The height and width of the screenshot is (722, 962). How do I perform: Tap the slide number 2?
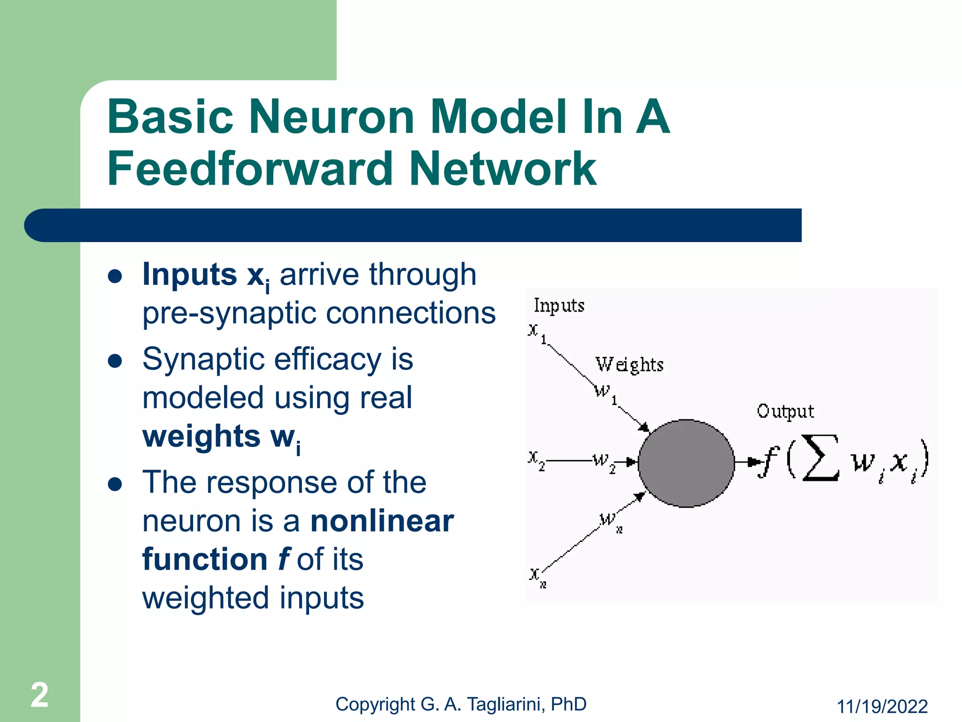[39, 695]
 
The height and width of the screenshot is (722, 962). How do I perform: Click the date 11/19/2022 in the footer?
[882, 706]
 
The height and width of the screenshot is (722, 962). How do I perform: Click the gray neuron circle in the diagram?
[686, 463]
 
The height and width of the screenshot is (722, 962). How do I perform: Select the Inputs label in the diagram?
[559, 306]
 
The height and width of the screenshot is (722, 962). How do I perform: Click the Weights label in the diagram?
[629, 365]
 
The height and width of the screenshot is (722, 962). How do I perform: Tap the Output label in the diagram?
[785, 411]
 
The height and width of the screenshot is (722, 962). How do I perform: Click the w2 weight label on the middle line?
[603, 461]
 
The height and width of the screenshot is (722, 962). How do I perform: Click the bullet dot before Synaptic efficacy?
[115, 361]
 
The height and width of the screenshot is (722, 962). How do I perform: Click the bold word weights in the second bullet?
[201, 436]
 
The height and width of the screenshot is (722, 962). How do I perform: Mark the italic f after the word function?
[283, 559]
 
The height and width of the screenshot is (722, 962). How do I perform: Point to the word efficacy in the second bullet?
[327, 360]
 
